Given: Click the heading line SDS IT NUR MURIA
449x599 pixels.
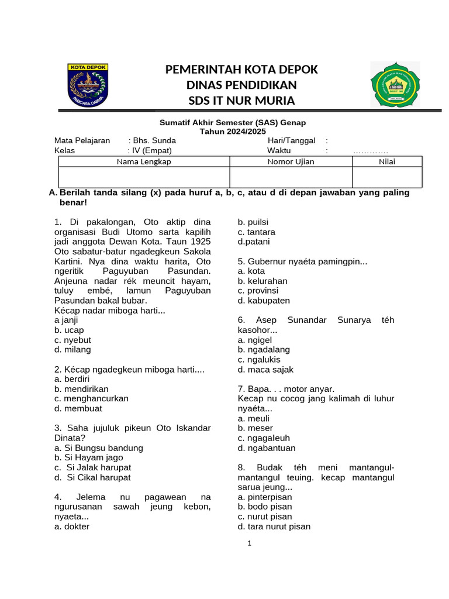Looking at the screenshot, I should (x=241, y=101).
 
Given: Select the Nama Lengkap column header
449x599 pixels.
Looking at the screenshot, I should (x=144, y=161).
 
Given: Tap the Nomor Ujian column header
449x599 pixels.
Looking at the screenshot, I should (x=291, y=161).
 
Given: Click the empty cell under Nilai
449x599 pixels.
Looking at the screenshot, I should (x=386, y=177).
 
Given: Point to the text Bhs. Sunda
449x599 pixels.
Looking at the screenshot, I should (x=154, y=140).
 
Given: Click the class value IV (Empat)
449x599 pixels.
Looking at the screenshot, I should (x=153, y=150).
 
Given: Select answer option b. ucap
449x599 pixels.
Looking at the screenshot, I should (x=69, y=330).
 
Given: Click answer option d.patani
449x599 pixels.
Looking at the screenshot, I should (x=254, y=242).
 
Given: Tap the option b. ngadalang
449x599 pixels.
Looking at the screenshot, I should (x=264, y=350).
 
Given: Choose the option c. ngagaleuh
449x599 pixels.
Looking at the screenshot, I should (x=264, y=438).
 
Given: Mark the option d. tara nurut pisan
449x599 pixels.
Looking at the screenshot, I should (x=274, y=526).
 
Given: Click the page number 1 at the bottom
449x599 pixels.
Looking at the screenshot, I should (x=249, y=543).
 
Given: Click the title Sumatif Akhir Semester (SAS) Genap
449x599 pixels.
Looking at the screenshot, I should (x=233, y=122).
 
